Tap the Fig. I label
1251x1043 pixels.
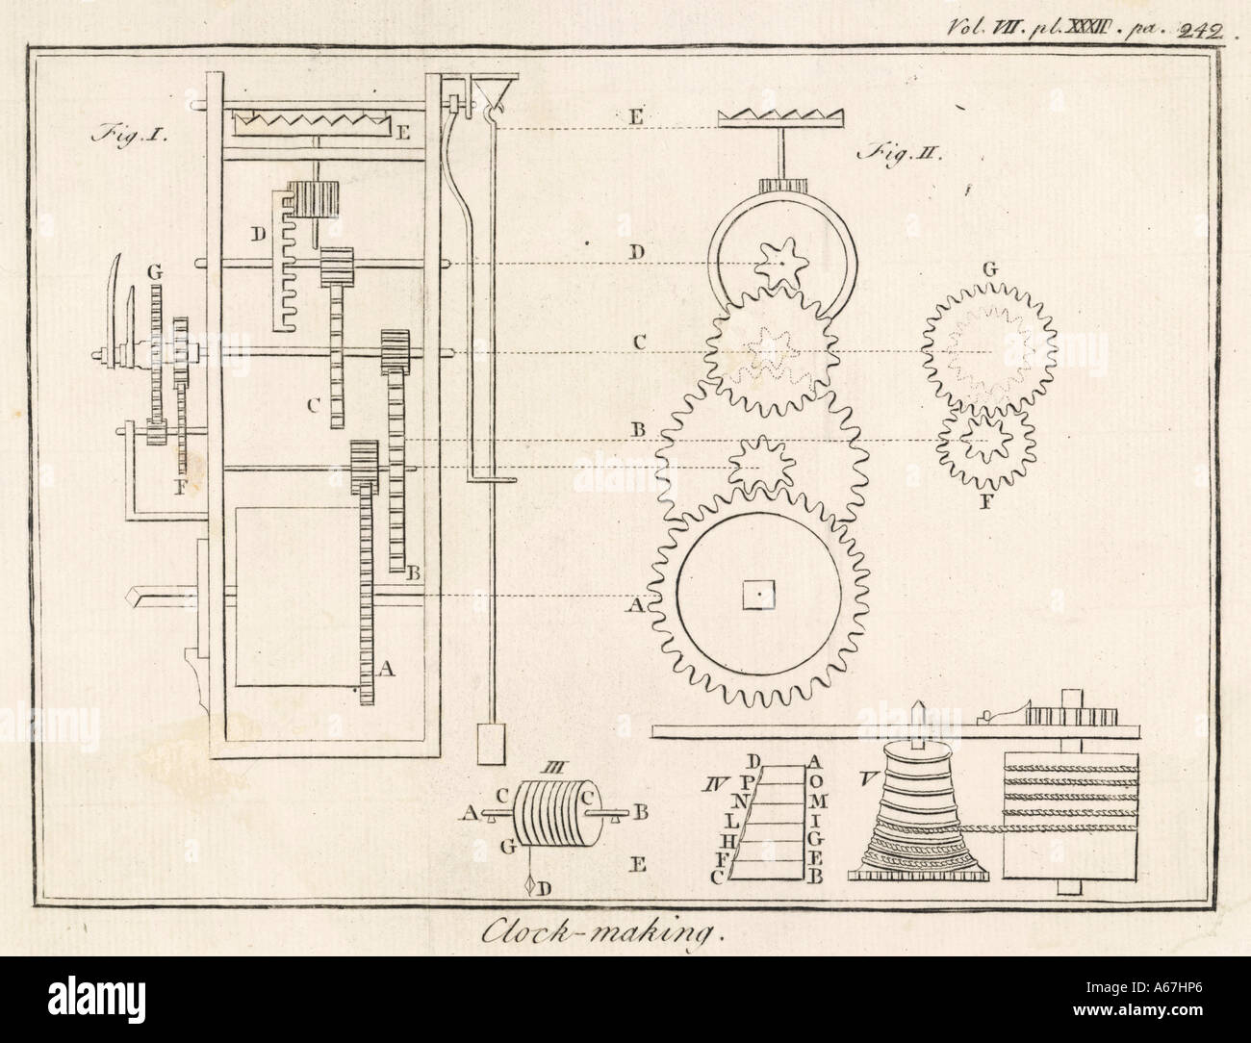pos(131,135)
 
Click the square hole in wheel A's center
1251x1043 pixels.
pos(759,598)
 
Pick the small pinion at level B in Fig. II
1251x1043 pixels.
pos(756,465)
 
